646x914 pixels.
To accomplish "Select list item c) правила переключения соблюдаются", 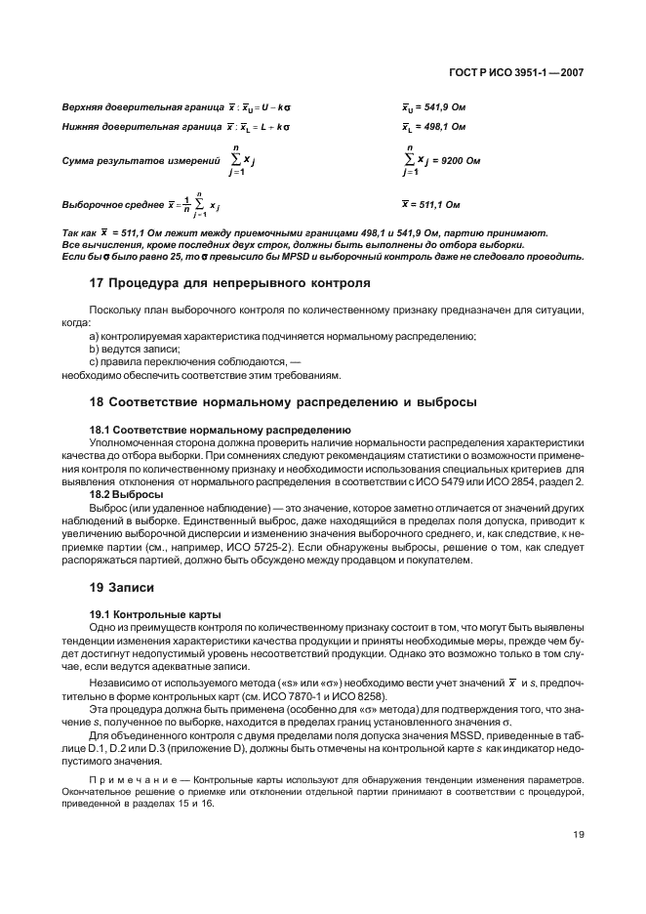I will click(180, 361).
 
